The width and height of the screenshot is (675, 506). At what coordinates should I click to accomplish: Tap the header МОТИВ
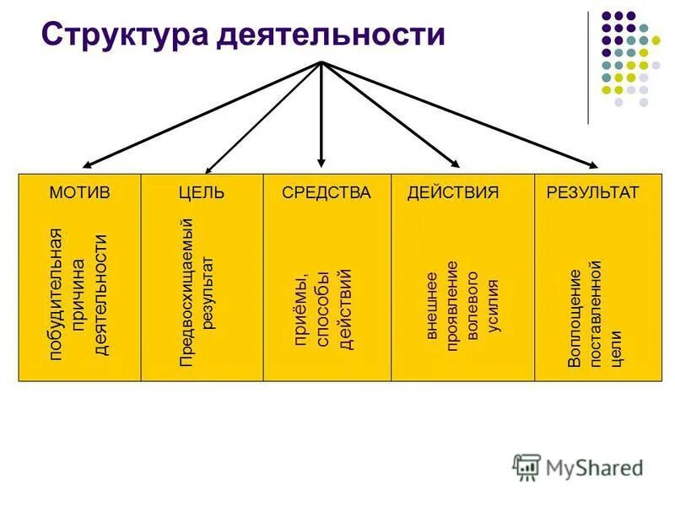79,192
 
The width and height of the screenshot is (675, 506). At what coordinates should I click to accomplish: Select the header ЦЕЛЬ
202,192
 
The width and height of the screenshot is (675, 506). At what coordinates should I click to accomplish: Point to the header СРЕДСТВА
327,192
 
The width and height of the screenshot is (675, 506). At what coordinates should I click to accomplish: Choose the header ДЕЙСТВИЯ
453,192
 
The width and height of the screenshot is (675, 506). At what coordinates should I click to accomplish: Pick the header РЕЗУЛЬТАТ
593,192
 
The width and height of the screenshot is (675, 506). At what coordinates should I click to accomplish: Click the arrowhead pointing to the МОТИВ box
89,164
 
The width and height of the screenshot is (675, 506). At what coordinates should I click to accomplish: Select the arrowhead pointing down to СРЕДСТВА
321,159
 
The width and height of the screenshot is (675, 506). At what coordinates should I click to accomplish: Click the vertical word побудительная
57,294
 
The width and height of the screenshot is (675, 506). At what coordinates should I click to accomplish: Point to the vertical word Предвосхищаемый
188,292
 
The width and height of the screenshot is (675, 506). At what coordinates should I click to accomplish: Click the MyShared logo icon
526,466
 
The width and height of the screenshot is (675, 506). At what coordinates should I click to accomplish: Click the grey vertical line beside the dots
589,67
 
